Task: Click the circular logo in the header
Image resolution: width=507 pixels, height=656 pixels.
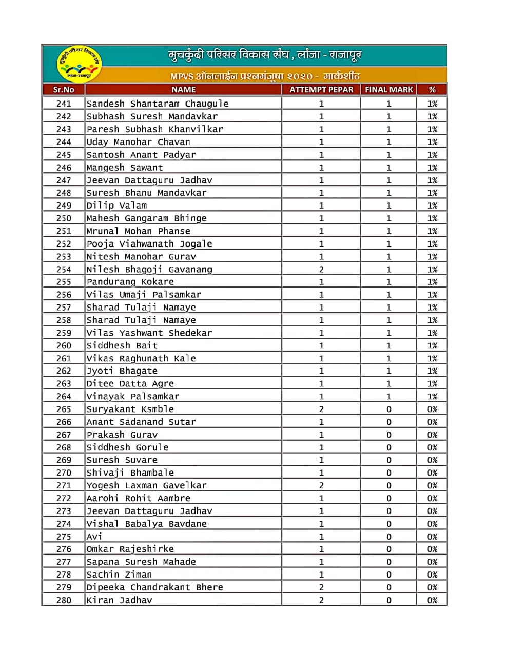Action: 79,65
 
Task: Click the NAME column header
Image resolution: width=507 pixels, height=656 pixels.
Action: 183,90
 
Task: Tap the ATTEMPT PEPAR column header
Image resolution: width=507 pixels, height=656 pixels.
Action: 321,90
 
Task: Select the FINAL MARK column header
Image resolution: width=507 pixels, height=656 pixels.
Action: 388,90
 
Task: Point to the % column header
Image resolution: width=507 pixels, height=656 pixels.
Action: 432,90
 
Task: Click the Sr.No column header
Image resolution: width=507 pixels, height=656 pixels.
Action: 64,90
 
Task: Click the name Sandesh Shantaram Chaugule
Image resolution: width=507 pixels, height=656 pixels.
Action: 158,104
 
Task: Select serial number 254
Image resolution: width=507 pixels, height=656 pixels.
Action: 64,269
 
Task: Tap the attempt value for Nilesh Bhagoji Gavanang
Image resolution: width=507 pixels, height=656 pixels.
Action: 321,269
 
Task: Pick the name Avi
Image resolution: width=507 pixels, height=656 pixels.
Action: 94,537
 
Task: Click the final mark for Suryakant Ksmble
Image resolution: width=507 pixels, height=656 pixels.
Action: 388,409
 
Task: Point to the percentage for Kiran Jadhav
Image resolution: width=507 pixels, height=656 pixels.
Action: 432,600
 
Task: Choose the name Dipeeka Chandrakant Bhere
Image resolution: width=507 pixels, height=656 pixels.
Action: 154,587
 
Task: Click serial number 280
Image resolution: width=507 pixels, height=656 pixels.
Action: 64,600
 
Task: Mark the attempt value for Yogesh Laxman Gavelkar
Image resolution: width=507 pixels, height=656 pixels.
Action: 321,485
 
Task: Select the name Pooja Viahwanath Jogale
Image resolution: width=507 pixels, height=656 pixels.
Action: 149,244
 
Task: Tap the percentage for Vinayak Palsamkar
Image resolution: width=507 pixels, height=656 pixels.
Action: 432,396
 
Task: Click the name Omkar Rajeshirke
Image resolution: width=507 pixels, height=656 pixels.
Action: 130,549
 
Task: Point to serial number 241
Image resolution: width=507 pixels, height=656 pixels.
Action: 64,104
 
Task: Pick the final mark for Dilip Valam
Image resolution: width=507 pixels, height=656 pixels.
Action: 388,206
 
